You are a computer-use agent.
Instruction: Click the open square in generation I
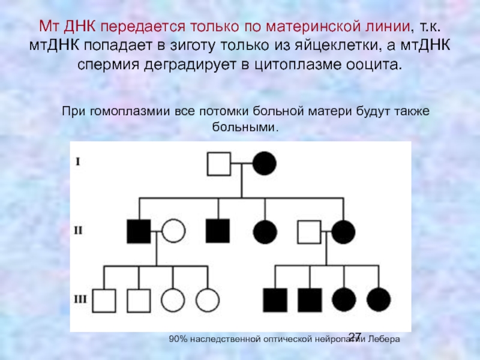pos(219,163)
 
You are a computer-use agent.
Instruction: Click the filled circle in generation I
pos(264,163)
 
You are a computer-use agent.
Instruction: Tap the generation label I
pos(77,161)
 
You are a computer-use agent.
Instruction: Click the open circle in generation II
pos(173,231)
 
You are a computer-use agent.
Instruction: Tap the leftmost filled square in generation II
pos(139,231)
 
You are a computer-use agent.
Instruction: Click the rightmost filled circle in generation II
pos(344,232)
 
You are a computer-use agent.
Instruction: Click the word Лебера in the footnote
pos(385,340)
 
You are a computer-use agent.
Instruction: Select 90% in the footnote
pos(179,340)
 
